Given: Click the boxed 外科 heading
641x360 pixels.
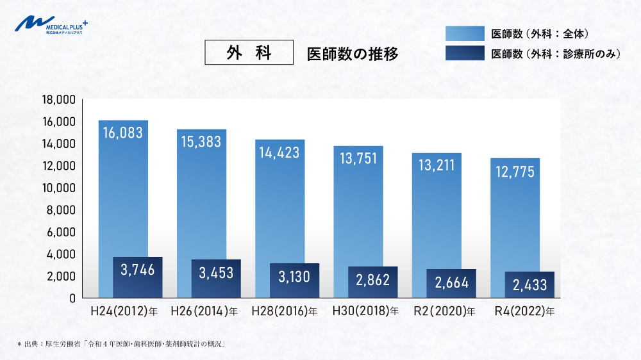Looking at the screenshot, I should tap(249, 53).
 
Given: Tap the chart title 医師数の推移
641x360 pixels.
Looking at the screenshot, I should tap(353, 54).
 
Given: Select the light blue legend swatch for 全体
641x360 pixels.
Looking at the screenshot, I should tap(465, 33).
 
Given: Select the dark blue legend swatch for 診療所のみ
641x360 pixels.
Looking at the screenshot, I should tap(465, 54).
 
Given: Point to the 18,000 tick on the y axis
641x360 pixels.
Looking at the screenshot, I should tap(58, 99).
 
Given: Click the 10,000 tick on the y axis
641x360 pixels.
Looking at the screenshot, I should tap(58, 188).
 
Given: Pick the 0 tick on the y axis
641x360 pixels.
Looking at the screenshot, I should tap(73, 298).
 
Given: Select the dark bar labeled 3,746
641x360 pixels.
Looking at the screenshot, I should tap(137, 277).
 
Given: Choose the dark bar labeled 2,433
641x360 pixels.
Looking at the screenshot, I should tap(529, 284).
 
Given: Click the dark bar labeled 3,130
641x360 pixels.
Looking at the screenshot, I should tap(294, 280).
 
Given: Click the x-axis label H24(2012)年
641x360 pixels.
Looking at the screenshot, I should tap(123, 312).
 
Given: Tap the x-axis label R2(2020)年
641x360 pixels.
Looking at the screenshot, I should tap(443, 312).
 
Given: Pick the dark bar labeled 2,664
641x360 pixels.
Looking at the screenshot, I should tap(451, 283).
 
